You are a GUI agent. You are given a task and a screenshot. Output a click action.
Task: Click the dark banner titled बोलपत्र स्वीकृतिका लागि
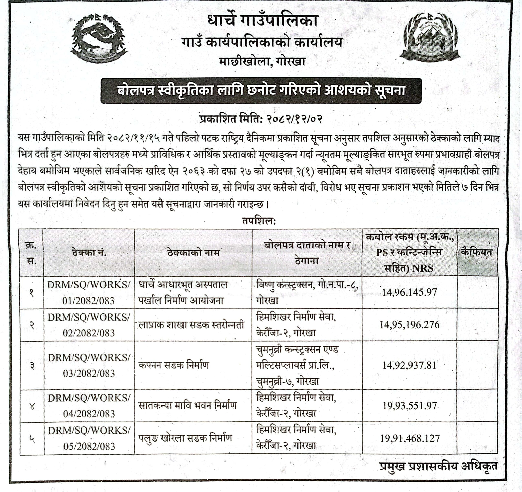coord(261,91)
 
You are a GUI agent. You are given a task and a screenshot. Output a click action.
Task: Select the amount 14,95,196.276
coord(409,325)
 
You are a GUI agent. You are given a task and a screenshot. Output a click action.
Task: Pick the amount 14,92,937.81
coord(409,365)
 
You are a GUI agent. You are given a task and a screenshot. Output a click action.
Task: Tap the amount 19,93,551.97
coord(409,406)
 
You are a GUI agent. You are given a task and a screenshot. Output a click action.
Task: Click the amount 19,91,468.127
coord(409,438)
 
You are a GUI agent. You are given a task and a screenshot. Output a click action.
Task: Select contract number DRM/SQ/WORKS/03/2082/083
coord(89,365)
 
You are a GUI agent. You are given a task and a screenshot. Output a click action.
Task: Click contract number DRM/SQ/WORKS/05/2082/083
coord(89,438)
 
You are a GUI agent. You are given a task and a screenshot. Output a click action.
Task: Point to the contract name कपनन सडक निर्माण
coord(174,365)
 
